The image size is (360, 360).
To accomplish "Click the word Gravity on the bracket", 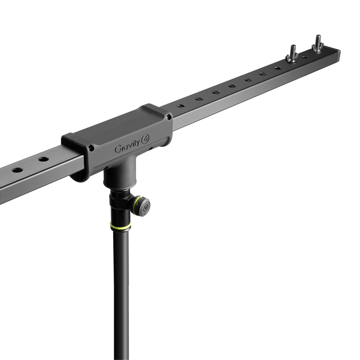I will click(127, 148).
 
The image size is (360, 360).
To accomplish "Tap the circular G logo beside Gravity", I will click(145, 140).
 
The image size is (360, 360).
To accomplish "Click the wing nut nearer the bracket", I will click(292, 58).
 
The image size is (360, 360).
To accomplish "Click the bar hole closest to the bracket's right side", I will click(181, 106).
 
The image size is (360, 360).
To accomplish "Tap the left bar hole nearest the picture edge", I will click(17, 170).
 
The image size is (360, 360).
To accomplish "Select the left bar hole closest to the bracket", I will click(44, 159).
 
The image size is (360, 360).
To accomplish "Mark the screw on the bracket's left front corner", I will click(92, 148).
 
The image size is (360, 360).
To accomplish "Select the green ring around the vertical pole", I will click(121, 226).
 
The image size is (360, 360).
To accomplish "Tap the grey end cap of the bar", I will click(338, 55).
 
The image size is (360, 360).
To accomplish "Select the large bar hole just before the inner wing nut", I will click(278, 68).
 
